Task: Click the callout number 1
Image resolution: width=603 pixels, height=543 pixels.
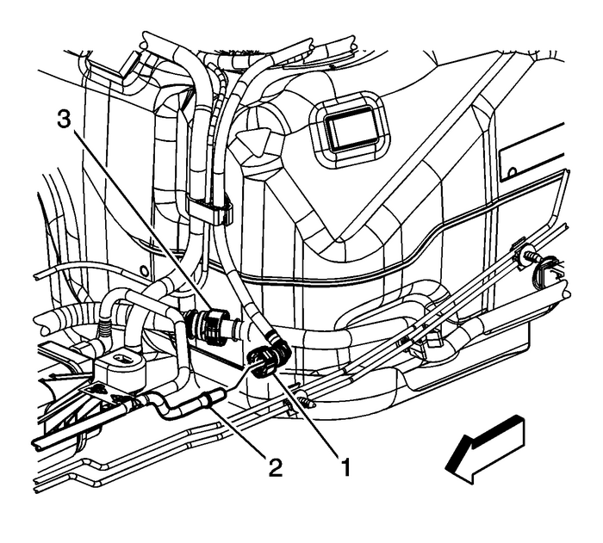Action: tap(346, 468)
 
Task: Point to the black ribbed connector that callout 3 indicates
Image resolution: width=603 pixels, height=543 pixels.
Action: tap(208, 325)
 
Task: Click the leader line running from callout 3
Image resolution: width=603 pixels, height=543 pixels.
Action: tap(138, 224)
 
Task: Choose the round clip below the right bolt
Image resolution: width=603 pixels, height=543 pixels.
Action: tap(545, 276)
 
